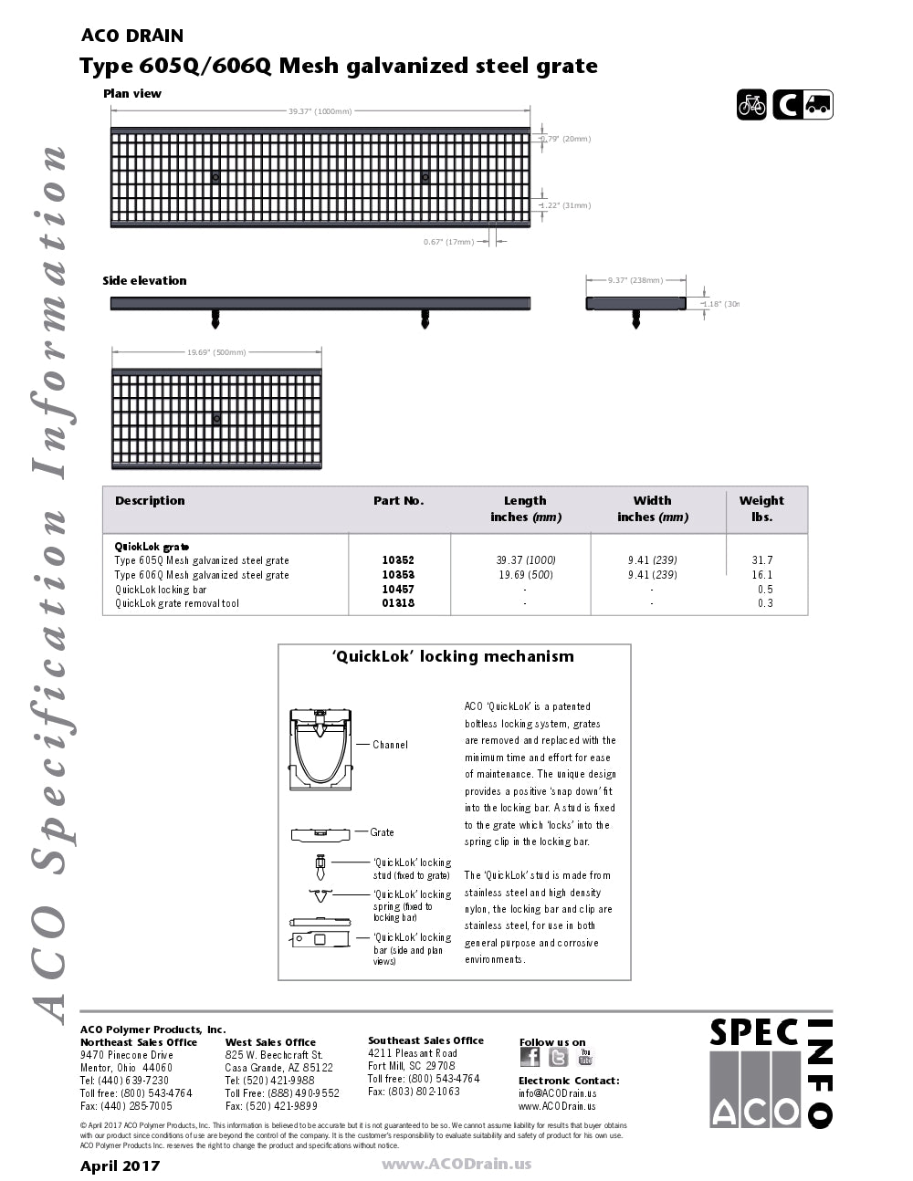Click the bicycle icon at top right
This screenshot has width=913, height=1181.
coord(751,105)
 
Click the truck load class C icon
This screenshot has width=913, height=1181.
coord(803,105)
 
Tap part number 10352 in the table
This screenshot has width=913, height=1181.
coord(398,560)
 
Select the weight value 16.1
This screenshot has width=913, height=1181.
coord(761,575)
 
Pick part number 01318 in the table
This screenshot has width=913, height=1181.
coord(398,603)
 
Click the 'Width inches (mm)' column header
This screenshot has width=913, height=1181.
coord(652,508)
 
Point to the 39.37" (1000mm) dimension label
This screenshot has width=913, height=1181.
coord(320,111)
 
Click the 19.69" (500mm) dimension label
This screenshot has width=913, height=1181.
coord(216,352)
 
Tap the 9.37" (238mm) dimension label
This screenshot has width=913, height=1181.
coord(635,280)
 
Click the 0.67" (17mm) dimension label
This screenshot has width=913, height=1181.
coord(448,242)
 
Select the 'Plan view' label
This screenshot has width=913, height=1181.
coord(132,93)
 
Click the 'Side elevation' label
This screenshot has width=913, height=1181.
coord(144,280)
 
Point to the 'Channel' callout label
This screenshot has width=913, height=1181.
coord(390,745)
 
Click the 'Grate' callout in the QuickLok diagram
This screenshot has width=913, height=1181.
coord(382,832)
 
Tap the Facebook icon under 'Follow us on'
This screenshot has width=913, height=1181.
coord(530,1057)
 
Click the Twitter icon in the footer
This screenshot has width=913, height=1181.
coord(558,1057)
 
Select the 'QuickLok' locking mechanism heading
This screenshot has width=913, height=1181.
coord(453,656)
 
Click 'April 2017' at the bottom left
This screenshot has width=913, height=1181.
coord(120,1165)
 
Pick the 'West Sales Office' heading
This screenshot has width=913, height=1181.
coord(270,1042)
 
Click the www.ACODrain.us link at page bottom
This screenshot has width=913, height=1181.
coord(456,1164)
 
